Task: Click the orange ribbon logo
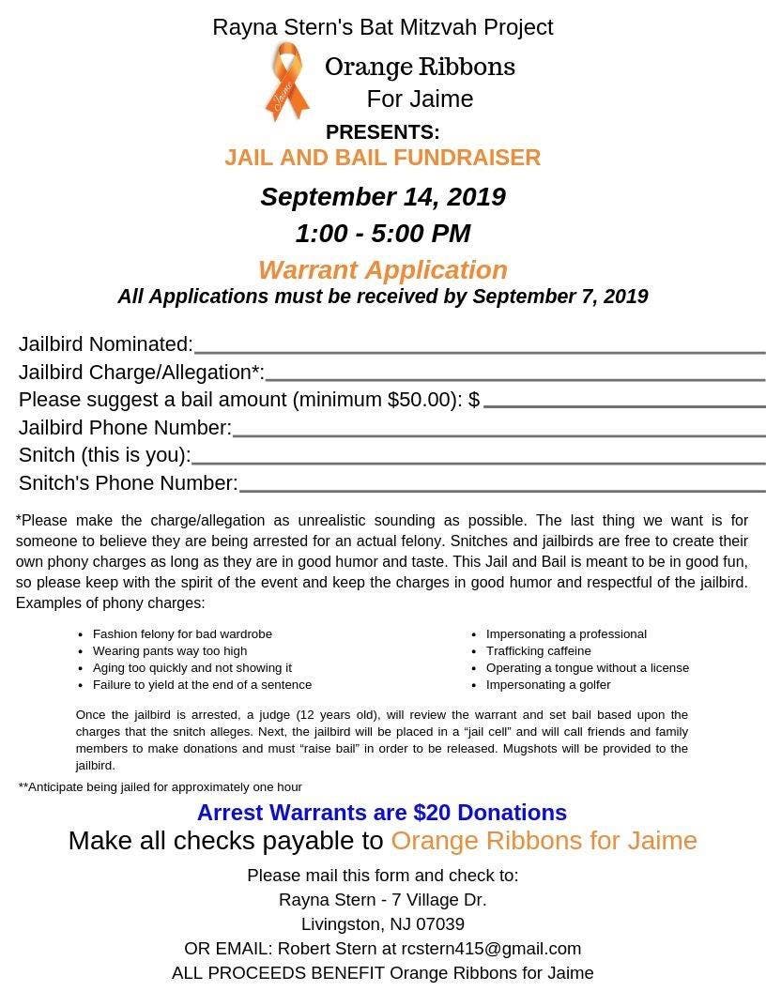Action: (x=286, y=83)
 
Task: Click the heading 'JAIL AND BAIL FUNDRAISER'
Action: (x=382, y=158)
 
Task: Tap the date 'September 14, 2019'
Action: (x=382, y=197)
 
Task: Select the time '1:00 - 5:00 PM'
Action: (x=382, y=234)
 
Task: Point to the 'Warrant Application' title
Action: (x=382, y=270)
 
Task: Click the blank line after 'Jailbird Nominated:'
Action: (x=479, y=351)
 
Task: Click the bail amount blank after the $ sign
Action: (x=623, y=405)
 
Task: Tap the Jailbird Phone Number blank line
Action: (x=498, y=434)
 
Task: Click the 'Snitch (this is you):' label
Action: (x=104, y=455)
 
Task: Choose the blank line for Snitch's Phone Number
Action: (x=501, y=489)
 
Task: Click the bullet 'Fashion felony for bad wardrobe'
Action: (x=182, y=634)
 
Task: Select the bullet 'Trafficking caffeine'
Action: (x=538, y=651)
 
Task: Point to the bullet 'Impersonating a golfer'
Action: (x=548, y=685)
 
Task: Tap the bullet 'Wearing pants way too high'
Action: (x=170, y=651)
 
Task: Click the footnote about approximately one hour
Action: (x=161, y=787)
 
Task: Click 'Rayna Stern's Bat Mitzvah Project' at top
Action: (x=382, y=27)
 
